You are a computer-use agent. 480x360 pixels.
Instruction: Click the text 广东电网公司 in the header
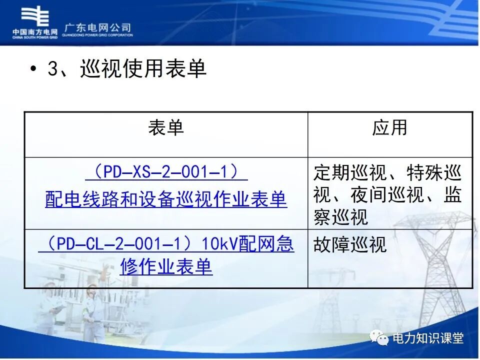pyautogui.click(x=98, y=27)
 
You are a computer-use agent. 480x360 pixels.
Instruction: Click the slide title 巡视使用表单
pyautogui.click(x=143, y=69)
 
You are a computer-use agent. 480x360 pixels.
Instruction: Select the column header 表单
pyautogui.click(x=166, y=128)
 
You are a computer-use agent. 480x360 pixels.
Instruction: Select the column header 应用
pyautogui.click(x=389, y=128)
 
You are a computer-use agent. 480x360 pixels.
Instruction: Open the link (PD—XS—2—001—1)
pyautogui.click(x=166, y=172)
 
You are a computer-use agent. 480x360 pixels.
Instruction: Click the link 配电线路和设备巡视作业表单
pyautogui.click(x=166, y=199)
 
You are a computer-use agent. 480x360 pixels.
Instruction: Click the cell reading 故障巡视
pyautogui.click(x=350, y=245)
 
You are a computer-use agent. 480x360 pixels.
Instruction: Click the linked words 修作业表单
pyautogui.click(x=166, y=267)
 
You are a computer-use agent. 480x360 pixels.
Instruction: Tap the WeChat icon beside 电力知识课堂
pyautogui.click(x=379, y=338)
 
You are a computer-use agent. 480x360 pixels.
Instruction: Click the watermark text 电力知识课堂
pyautogui.click(x=428, y=338)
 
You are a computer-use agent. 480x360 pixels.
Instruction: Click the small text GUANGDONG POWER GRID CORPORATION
pyautogui.click(x=98, y=35)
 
